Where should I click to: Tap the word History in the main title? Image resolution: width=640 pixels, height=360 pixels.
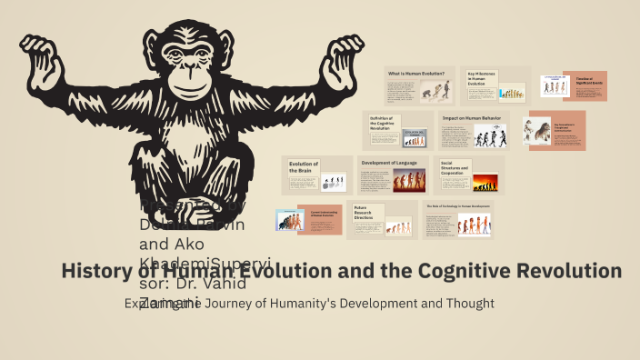point(95,270)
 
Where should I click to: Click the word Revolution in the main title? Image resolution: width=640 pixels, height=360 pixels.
point(573,270)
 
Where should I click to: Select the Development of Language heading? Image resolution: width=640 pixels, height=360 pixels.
point(389,163)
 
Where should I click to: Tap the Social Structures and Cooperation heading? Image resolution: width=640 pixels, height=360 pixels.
point(454,169)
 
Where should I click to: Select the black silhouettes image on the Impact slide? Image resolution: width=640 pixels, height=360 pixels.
point(492,136)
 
